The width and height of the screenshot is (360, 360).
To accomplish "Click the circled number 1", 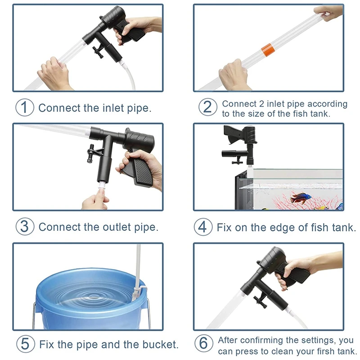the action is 25,108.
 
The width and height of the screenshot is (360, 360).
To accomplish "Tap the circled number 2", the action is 207,107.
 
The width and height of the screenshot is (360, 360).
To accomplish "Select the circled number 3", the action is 25,226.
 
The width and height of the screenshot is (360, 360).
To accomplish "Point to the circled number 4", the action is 203,227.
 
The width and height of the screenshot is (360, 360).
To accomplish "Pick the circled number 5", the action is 26,344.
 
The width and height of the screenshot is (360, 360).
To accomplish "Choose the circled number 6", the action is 204,344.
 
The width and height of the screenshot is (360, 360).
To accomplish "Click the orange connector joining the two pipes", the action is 267,49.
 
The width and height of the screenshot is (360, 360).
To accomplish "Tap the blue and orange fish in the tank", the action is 301,198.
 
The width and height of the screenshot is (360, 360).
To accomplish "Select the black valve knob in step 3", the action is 91,153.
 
